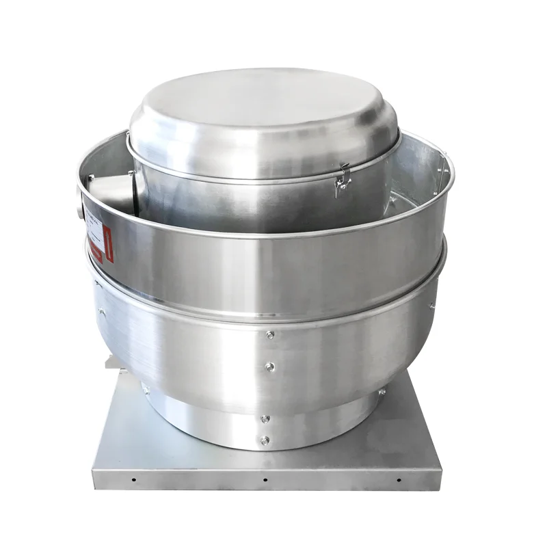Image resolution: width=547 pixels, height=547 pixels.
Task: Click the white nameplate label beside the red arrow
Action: (x=95, y=235)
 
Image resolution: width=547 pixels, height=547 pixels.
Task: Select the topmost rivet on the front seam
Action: (x=271, y=335)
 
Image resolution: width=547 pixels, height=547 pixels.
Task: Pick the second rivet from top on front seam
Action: (x=271, y=367)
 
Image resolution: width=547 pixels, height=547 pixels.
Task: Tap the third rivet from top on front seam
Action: (x=265, y=418)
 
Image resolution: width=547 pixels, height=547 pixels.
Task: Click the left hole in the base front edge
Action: (x=133, y=479)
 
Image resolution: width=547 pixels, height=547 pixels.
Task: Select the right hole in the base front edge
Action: (x=399, y=479)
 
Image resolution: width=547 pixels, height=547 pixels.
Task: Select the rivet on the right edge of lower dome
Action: (x=432, y=306)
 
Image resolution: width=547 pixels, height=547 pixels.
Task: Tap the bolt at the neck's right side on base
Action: (x=382, y=392)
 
